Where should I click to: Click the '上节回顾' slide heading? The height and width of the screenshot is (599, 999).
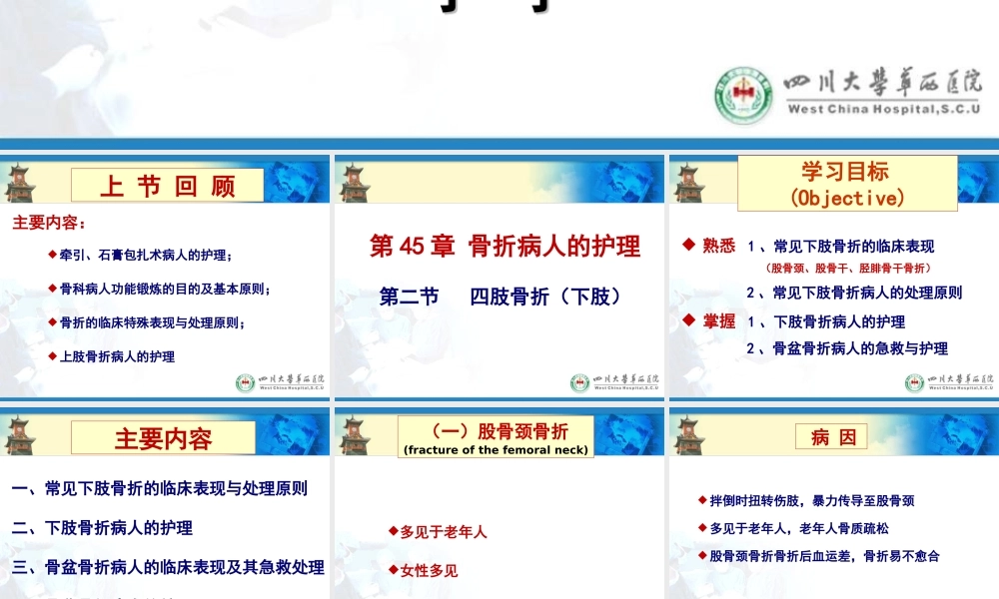[167, 186]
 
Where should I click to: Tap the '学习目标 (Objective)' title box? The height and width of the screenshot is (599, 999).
[845, 184]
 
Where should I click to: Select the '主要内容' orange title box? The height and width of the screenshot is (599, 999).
[164, 438]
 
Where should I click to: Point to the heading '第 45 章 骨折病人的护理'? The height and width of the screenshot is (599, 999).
[504, 247]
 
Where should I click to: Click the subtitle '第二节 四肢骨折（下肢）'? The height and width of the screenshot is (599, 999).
[501, 297]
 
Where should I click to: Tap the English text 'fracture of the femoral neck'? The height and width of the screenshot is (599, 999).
[496, 450]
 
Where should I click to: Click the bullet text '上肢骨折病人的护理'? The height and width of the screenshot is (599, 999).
[117, 356]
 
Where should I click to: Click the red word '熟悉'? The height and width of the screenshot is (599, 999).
[718, 246]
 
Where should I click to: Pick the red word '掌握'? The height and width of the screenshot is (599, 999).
[718, 321]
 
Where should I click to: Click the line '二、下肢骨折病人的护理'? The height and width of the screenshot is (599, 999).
[102, 527]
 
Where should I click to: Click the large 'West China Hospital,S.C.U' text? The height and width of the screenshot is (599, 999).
[883, 109]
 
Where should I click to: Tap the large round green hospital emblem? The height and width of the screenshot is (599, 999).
[744, 93]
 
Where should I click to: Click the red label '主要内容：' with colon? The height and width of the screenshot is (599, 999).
[49, 223]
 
